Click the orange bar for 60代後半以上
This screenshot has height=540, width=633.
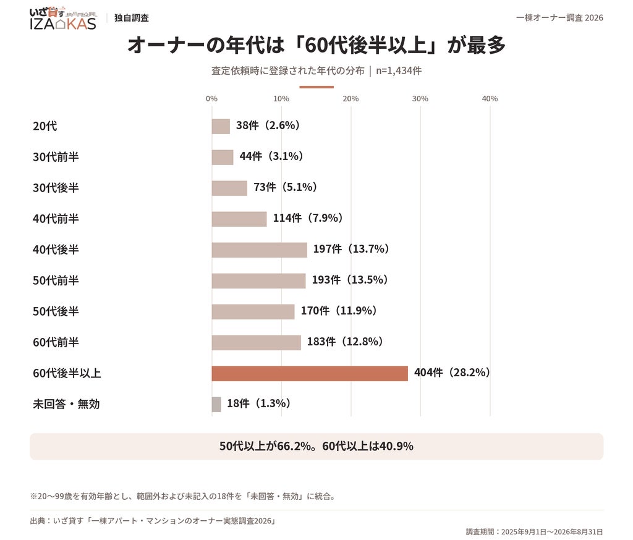[310, 373]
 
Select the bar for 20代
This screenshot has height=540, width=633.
[221, 126]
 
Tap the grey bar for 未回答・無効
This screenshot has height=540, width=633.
[216, 405]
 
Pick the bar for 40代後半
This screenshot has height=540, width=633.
[260, 250]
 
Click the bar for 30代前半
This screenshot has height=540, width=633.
[223, 158]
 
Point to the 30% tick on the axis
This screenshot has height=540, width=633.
[420, 98]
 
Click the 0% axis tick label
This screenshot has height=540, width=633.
[211, 98]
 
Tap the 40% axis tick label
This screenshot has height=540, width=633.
[490, 98]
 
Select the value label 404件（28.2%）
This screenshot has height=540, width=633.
[452, 373]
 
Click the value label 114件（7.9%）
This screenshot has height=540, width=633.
[308, 218]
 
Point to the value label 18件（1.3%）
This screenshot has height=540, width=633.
[259, 403]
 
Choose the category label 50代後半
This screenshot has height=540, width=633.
[56, 311]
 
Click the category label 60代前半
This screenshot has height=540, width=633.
[56, 342]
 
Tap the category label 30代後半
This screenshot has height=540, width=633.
[56, 188]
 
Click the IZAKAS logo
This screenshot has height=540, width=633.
[64, 19]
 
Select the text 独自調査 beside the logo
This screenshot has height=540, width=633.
[132, 18]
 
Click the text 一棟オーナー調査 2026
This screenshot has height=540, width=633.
[559, 18]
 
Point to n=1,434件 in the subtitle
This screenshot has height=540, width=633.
[399, 70]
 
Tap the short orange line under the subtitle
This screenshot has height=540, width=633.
[316, 86]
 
